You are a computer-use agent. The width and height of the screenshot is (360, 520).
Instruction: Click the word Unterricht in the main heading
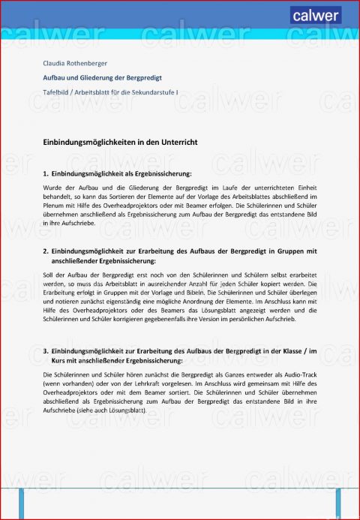point(175,141)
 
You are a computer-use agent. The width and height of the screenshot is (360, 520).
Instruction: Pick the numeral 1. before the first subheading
point(46,173)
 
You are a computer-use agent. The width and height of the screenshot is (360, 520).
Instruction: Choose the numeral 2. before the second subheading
point(46,251)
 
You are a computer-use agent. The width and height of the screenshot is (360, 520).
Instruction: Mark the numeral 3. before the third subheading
point(46,350)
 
